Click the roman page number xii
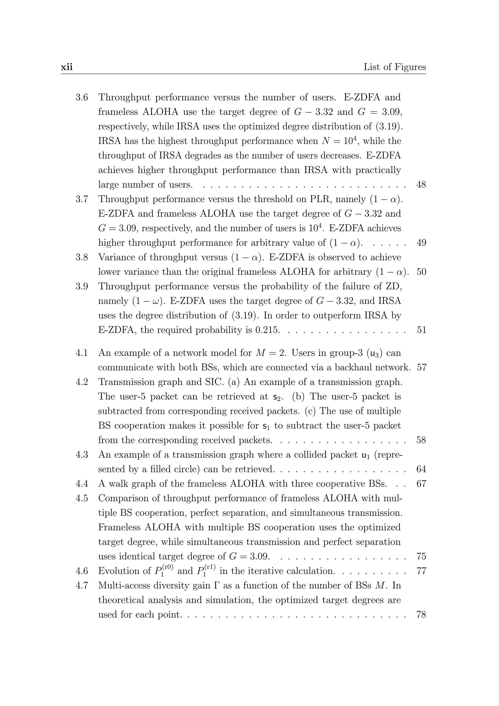coord(67,67)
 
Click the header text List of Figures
coord(394,67)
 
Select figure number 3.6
coord(82,98)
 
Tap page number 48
coord(421,185)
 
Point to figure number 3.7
coord(82,199)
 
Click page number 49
coord(421,243)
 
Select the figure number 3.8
coord(82,257)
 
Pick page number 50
coord(421,272)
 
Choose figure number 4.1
coord(82,353)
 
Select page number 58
coord(421,440)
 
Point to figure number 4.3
coord(82,455)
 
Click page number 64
coord(421,469)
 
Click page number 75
coord(421,557)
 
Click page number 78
coord(421,615)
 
